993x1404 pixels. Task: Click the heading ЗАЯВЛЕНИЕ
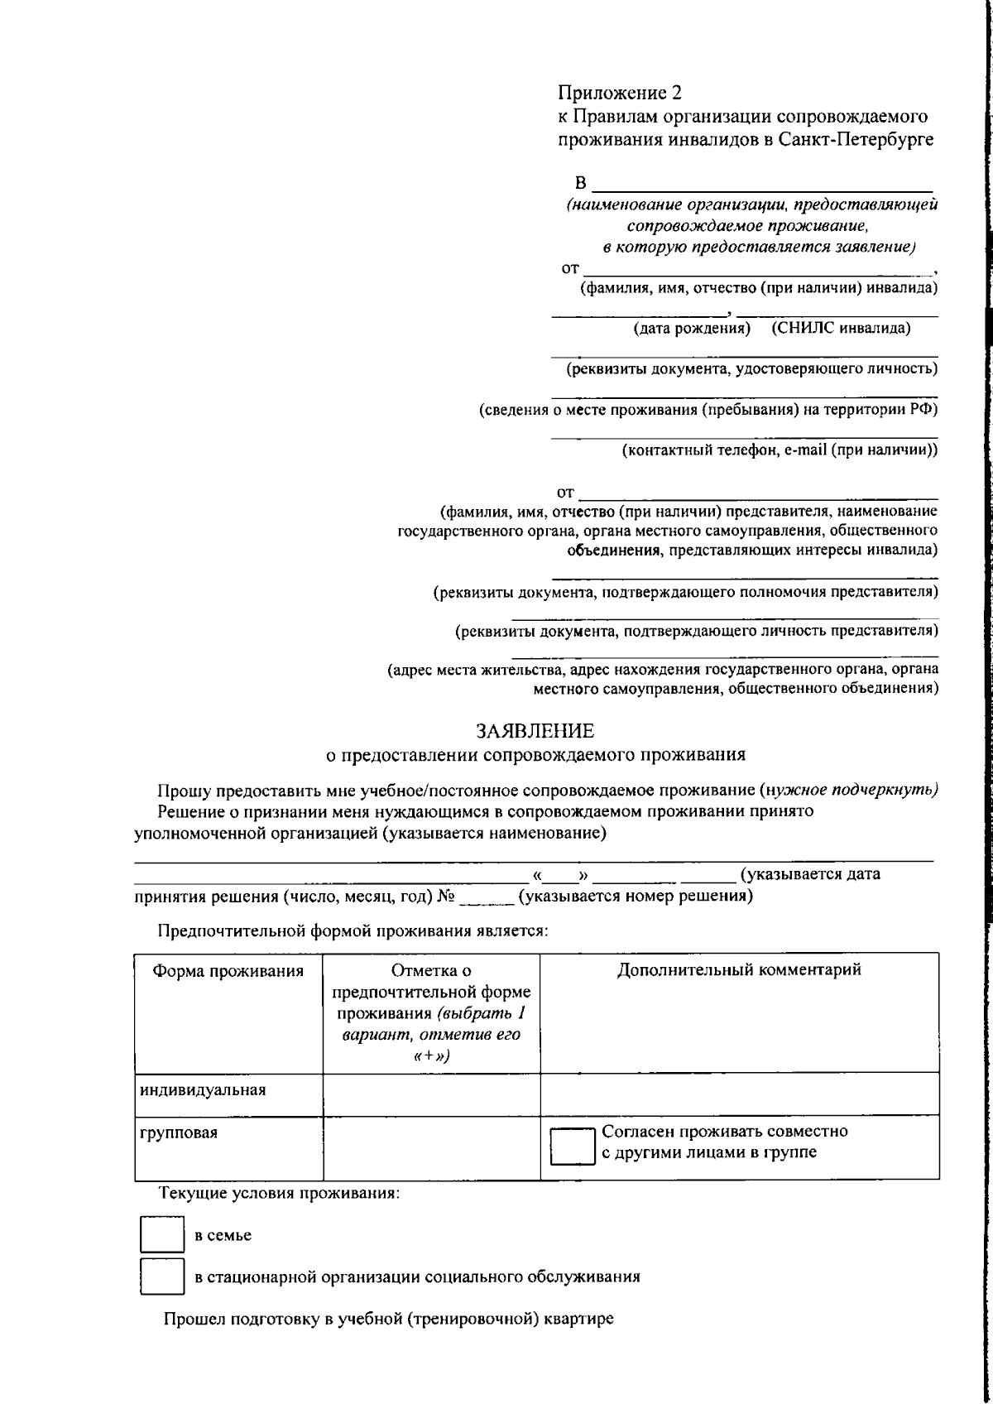pos(535,731)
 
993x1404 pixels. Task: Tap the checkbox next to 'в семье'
pos(161,1235)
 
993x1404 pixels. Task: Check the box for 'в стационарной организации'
pos(161,1276)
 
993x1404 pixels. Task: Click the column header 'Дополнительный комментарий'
pos(739,969)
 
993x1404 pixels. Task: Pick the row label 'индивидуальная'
pos(203,1089)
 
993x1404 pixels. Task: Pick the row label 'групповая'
pos(179,1133)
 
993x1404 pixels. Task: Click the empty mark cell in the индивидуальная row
pos(431,1094)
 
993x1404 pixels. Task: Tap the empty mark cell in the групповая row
pos(431,1147)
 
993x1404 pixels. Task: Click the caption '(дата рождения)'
pos(692,329)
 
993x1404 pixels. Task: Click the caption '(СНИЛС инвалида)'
pos(841,329)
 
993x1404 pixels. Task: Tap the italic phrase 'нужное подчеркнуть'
pos(852,789)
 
